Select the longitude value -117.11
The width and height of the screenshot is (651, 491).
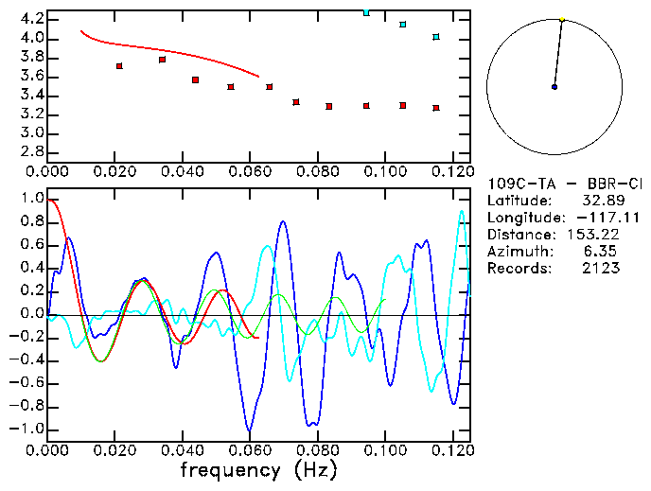[x=594, y=218]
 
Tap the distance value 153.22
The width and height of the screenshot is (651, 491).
[x=594, y=235]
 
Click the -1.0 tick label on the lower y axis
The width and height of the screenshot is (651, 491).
[x=27, y=430]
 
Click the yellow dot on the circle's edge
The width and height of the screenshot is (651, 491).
[x=562, y=19]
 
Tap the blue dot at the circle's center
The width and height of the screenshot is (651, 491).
[x=554, y=87]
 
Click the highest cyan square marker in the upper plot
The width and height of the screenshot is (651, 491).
[x=366, y=12]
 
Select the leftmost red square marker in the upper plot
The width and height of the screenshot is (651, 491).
[x=119, y=66]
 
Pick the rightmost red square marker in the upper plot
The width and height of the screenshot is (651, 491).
[x=436, y=108]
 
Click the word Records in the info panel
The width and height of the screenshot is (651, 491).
[x=513, y=269]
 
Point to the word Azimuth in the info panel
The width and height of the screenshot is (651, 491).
[x=513, y=252]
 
